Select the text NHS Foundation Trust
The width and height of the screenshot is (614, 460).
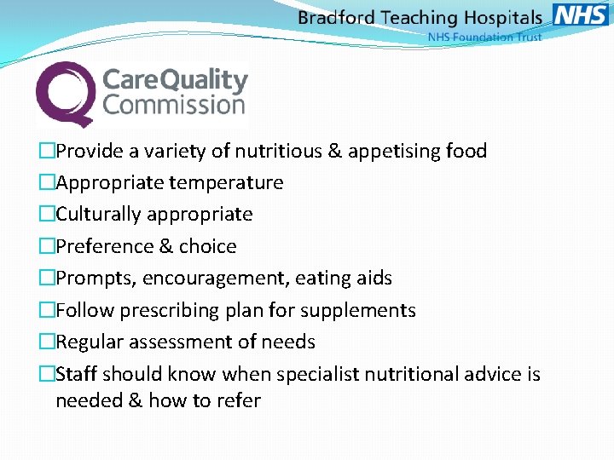pos(484,37)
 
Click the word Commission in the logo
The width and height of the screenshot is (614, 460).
pos(174,106)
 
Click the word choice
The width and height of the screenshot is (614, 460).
pos(208,246)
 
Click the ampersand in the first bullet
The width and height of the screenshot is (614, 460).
pos(334,151)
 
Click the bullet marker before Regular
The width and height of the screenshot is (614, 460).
pos(47,342)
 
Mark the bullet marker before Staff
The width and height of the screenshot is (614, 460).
pos(47,374)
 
